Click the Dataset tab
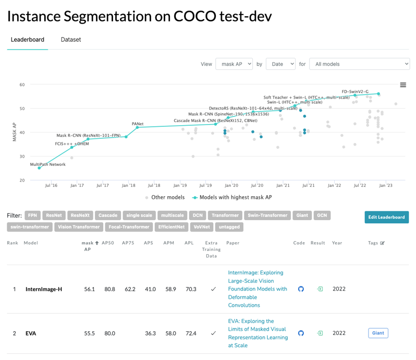coord(71,40)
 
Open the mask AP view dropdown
coord(234,64)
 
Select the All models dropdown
coord(359,64)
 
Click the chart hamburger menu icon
coord(403,85)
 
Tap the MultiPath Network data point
coord(39,168)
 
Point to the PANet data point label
coord(138,123)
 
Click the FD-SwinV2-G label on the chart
coord(355,91)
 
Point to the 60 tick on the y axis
coord(22,85)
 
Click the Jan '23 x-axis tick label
coord(385,185)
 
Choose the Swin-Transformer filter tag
coord(267,215)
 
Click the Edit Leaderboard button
coord(386,217)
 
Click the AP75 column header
coord(128,243)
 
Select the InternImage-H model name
coord(44,289)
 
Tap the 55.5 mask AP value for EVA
coord(90,333)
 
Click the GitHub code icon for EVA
coord(301,333)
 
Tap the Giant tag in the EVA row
coord(378,333)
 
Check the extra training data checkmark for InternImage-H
coord(213,289)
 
